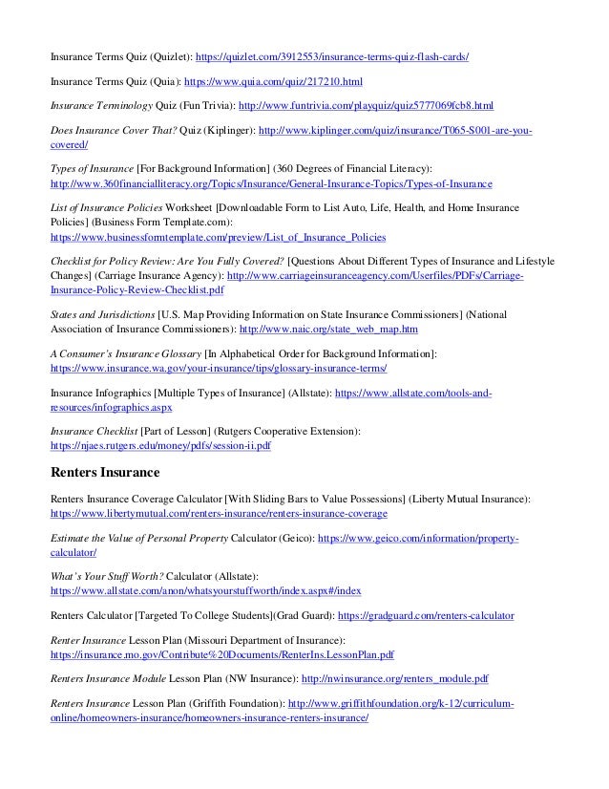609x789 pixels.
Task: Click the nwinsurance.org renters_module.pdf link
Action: (x=396, y=680)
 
